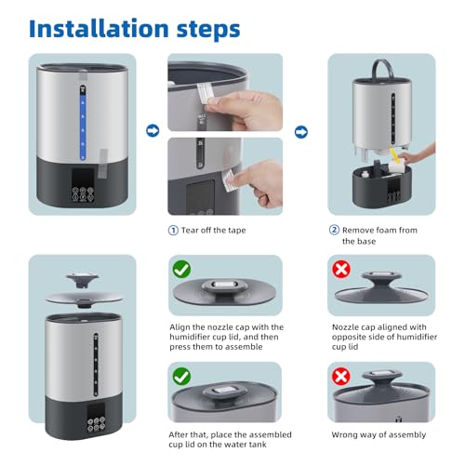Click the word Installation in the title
[x=99, y=29]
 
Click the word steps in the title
[x=208, y=30]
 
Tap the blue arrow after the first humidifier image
[x=153, y=130]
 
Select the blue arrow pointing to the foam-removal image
[x=301, y=132]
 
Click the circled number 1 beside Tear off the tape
[x=173, y=231]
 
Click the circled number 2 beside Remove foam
[x=334, y=230]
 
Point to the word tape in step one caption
[x=237, y=231]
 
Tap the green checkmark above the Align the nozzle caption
[x=181, y=269]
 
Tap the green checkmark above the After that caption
[x=181, y=377]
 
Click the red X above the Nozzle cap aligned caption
[x=341, y=269]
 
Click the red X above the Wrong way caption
[x=341, y=377]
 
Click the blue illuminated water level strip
[x=83, y=124]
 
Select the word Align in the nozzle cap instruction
[x=179, y=327]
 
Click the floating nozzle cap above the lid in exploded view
[x=83, y=278]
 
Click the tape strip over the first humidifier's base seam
[x=102, y=164]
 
